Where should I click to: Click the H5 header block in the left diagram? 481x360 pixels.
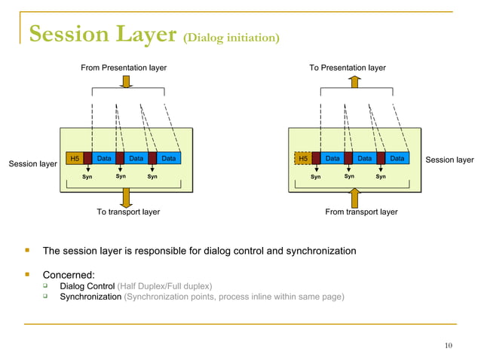coord(74,159)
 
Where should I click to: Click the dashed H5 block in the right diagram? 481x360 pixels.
coord(302,159)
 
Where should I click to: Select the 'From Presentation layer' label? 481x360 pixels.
coord(124,68)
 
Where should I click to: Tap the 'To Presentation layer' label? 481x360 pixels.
coord(348,68)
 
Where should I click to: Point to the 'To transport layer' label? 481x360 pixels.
coord(128,212)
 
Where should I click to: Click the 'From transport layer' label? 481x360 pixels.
coord(361,212)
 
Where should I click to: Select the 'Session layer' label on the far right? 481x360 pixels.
coord(449,160)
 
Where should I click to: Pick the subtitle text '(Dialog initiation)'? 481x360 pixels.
coord(231,37)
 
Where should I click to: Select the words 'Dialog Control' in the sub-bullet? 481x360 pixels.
coord(87,286)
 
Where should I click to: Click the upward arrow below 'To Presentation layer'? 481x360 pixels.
coord(353,81)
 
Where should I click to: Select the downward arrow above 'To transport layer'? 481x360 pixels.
coord(125,197)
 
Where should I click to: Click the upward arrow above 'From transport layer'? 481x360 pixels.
coord(353,197)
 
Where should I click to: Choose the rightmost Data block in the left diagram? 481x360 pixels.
coord(169,159)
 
